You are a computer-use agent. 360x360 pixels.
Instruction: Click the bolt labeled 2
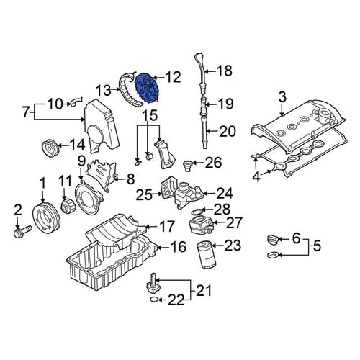22,231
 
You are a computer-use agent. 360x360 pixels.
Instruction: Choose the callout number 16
178,246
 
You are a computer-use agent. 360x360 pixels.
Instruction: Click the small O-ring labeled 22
155,300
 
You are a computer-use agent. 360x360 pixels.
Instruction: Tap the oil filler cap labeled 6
273,240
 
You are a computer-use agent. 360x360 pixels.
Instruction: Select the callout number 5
317,246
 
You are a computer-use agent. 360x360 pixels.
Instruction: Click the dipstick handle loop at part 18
199,59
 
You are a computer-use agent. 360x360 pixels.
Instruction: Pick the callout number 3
282,98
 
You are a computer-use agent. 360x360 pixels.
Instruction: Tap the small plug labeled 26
186,165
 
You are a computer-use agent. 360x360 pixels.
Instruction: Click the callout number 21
204,290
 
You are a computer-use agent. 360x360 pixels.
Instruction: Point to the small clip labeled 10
76,102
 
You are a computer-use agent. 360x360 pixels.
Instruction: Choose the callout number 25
144,194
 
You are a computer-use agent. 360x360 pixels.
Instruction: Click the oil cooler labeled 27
200,225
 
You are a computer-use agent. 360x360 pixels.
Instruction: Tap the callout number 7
26,112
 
